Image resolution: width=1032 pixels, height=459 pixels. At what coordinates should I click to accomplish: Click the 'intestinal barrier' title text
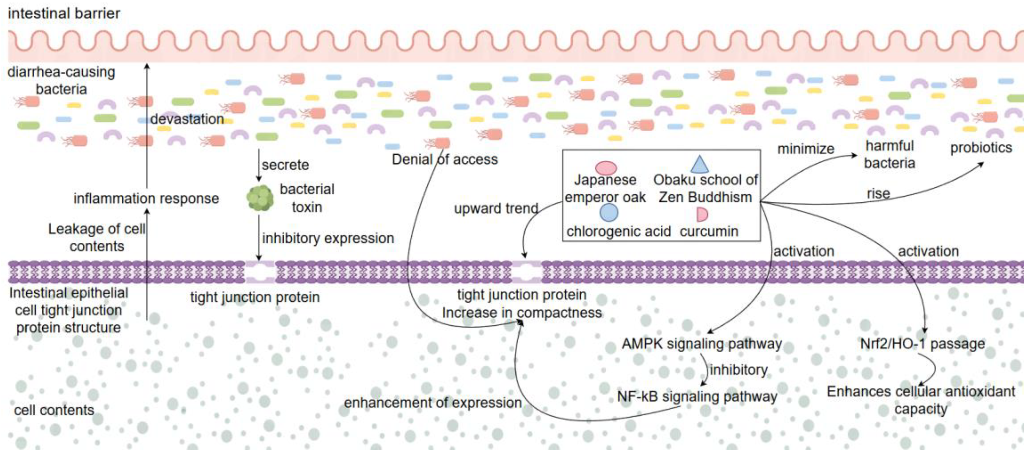click(64, 14)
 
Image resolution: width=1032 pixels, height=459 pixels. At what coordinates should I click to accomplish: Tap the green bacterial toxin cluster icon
click(260, 198)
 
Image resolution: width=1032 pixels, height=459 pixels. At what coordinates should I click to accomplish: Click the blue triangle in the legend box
click(699, 164)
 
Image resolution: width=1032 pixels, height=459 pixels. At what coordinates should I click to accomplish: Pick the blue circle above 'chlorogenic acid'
click(609, 212)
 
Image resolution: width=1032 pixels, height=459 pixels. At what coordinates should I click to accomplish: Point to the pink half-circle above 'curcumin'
click(702, 215)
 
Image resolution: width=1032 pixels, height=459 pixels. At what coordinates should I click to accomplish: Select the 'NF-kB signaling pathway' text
click(697, 396)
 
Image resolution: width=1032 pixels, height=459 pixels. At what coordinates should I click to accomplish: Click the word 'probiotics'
click(981, 148)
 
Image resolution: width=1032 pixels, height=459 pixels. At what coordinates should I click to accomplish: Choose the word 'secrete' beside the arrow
click(285, 165)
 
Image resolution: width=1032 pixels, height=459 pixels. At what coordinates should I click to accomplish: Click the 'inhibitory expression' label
click(328, 239)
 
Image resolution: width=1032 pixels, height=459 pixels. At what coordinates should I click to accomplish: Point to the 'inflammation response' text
click(146, 199)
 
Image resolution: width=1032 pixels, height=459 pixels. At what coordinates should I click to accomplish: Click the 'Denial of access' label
click(445, 159)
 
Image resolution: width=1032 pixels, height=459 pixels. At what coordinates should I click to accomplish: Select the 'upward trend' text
click(496, 208)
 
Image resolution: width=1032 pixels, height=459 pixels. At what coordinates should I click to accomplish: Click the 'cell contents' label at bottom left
click(54, 410)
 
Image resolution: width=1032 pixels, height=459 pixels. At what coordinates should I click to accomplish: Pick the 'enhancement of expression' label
click(433, 402)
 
